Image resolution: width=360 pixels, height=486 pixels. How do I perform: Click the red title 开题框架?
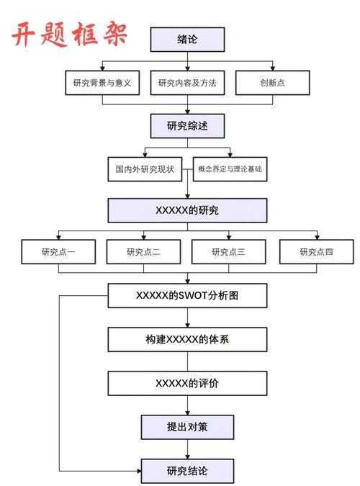71,33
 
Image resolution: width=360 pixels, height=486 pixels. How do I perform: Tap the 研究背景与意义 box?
102,83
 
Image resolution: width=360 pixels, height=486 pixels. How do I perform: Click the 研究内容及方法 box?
187,83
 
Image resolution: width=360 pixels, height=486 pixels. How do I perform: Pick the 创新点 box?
272,83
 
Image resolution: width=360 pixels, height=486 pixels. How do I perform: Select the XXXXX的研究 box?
187,210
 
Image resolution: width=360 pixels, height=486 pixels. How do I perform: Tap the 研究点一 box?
58,251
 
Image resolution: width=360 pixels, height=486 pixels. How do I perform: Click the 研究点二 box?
143,251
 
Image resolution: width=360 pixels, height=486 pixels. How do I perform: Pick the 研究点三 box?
229,251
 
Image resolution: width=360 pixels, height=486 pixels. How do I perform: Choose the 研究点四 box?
317,251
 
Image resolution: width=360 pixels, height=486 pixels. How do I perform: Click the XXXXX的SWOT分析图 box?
187,295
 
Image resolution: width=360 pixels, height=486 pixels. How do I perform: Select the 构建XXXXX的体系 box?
187,339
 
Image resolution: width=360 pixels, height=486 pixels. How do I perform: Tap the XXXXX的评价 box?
187,383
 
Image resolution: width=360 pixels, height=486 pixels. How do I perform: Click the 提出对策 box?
187,427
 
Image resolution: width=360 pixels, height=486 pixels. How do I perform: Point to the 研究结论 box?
187,471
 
